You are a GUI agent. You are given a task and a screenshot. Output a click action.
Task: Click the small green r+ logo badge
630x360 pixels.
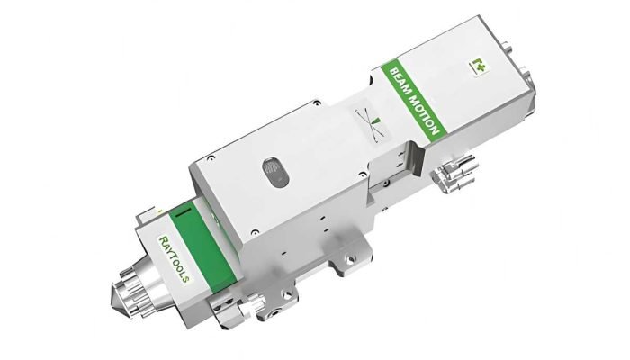tap(477, 65)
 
